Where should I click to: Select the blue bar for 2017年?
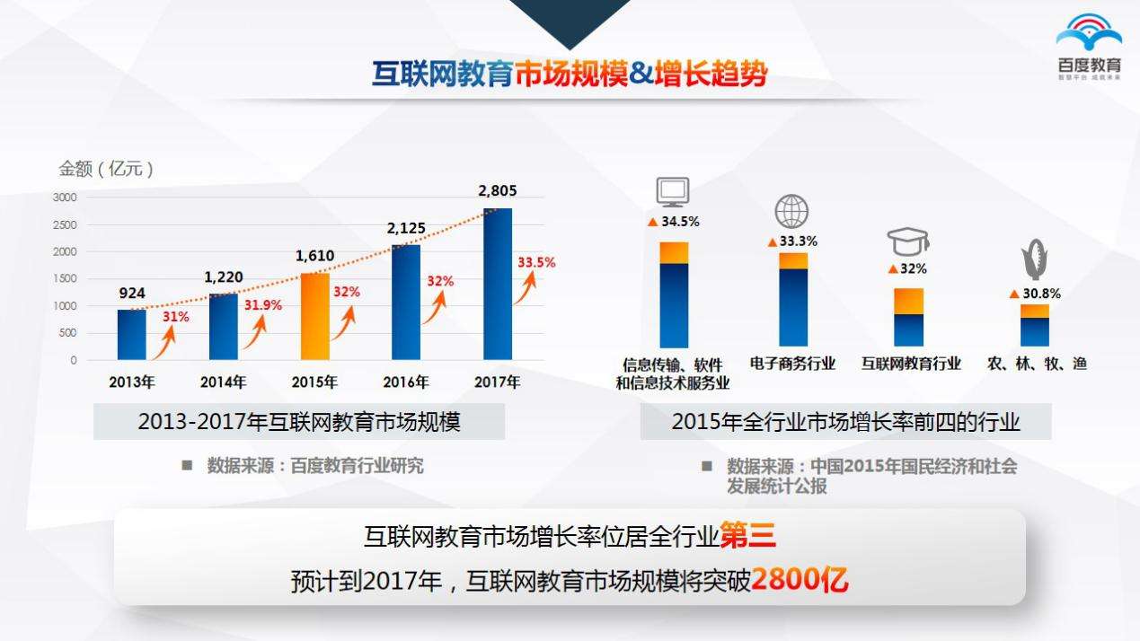pos(498,284)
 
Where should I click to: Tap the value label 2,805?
pos(497,190)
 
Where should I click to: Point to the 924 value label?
pos(132,293)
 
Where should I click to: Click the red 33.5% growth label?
pos(536,263)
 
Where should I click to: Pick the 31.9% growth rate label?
pos(262,305)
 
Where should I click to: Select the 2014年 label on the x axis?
pos(224,382)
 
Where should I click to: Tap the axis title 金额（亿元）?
pos(106,169)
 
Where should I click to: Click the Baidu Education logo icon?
pos(1089,35)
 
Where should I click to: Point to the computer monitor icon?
pos(673,191)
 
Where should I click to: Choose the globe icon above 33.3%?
pos(791,212)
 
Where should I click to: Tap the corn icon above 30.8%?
pos(1034,261)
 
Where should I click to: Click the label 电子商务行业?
pos(793,364)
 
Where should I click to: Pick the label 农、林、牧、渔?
pos(1037,364)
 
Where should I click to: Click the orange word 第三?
pos(748,537)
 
